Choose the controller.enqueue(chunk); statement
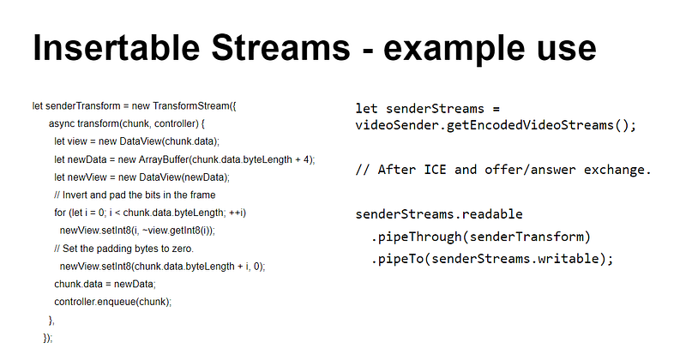pyautogui.click(x=112, y=302)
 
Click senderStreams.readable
pyautogui.click(x=438, y=213)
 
